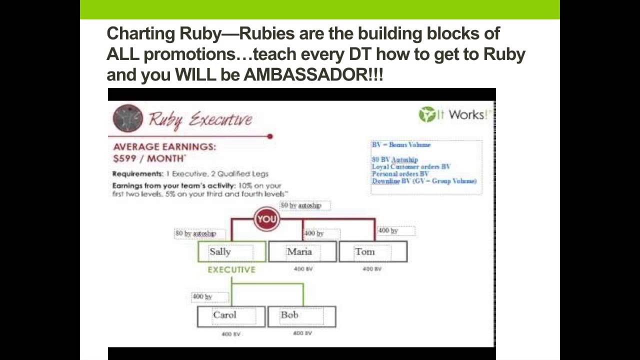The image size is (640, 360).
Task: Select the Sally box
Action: point(231,251)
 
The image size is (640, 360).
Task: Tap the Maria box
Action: point(302,251)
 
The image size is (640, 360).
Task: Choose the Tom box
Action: point(373,251)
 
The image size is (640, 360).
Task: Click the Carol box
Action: point(231,316)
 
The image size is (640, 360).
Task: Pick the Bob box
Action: point(301,316)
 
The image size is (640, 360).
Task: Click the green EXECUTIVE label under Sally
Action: point(231,270)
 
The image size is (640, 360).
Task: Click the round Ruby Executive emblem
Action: point(128,118)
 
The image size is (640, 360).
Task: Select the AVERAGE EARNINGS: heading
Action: point(164,147)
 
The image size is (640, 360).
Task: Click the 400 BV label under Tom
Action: point(372,269)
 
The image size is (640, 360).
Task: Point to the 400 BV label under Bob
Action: point(302,333)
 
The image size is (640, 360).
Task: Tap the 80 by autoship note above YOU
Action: point(304,205)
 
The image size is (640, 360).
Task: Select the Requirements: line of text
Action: point(190,174)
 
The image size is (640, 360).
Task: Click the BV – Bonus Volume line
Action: point(401,145)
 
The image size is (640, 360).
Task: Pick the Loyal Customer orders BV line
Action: point(411,166)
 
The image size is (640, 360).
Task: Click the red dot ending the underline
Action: point(270,136)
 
